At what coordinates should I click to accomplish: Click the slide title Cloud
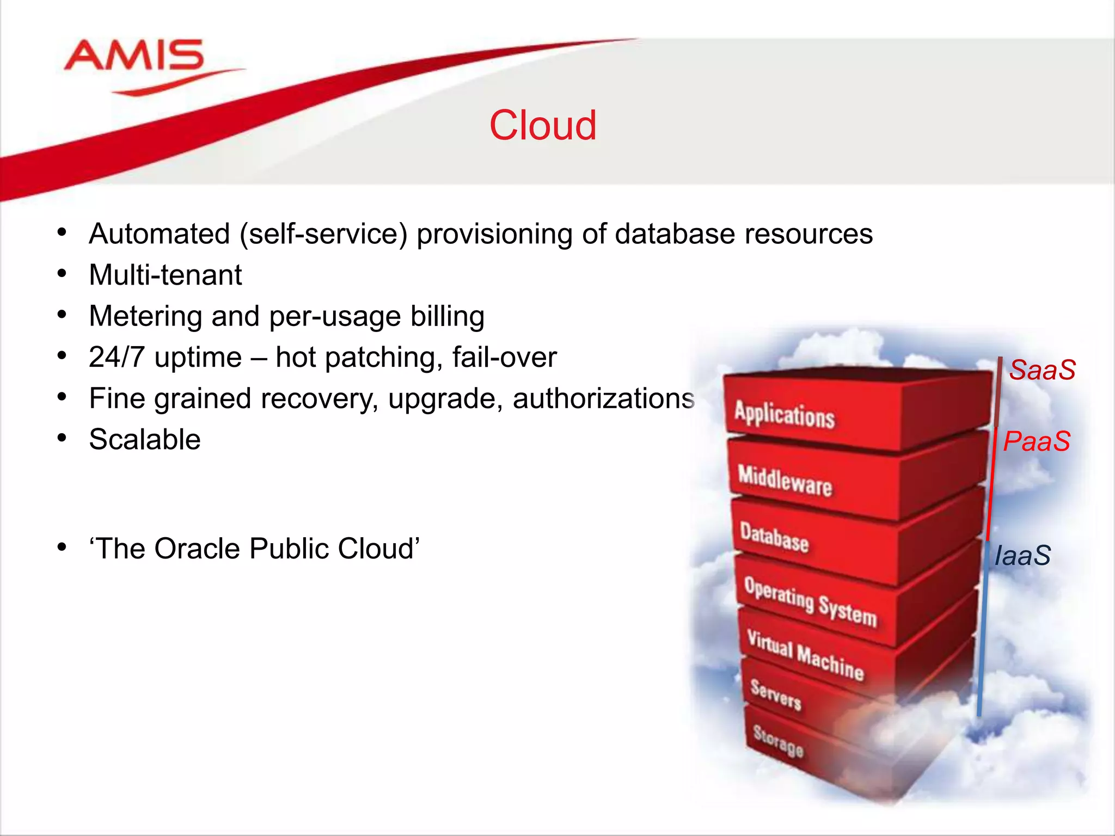[x=543, y=125]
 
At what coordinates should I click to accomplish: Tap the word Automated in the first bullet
[x=160, y=234]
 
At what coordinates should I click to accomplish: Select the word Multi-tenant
[x=166, y=275]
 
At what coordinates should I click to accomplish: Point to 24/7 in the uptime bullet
[x=117, y=358]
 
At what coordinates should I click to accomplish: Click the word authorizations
[x=603, y=398]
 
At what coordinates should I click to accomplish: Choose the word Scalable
[x=145, y=440]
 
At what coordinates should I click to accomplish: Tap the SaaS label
[x=1042, y=370]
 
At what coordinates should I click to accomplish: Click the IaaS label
[x=1022, y=556]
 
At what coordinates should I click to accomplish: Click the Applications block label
[x=784, y=415]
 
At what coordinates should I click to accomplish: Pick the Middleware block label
[x=785, y=481]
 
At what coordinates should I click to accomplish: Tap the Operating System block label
[x=810, y=602]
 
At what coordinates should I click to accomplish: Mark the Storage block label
[x=778, y=741]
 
